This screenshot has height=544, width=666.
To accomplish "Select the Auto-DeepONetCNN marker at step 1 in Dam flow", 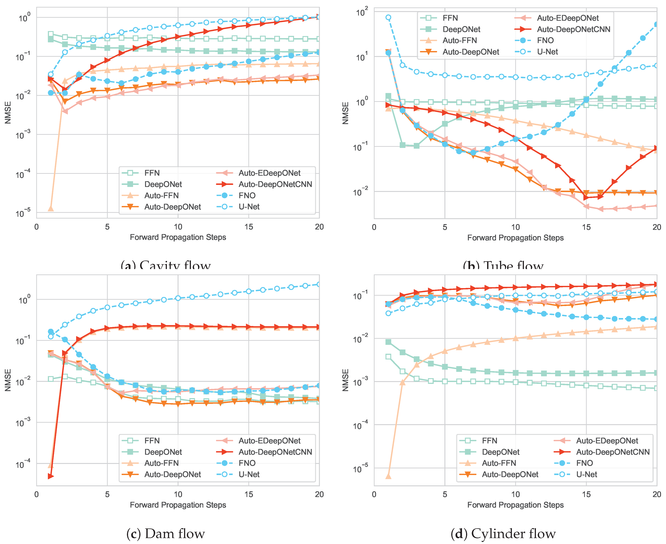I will [x=51, y=476].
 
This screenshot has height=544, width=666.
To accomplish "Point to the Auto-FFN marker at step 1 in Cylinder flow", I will [x=388, y=476].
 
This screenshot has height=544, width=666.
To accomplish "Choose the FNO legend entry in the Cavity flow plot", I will [x=247, y=195].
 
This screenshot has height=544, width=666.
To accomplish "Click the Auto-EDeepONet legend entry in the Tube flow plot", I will [x=567, y=18].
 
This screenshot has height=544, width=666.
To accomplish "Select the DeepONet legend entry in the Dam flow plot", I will [x=163, y=452].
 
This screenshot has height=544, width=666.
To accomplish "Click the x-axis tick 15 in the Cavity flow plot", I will [x=249, y=227].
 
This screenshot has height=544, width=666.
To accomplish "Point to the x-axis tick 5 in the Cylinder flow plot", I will [x=445, y=494].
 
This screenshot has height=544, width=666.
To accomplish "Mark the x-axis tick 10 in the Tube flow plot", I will [x=515, y=227].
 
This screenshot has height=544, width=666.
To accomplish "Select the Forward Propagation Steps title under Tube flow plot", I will [x=515, y=238].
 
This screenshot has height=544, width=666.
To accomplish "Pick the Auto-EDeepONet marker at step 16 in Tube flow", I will [x=600, y=209].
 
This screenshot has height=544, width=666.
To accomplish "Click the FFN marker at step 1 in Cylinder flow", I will [x=388, y=357].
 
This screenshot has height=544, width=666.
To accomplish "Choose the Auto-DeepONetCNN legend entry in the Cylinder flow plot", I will [x=612, y=452].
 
